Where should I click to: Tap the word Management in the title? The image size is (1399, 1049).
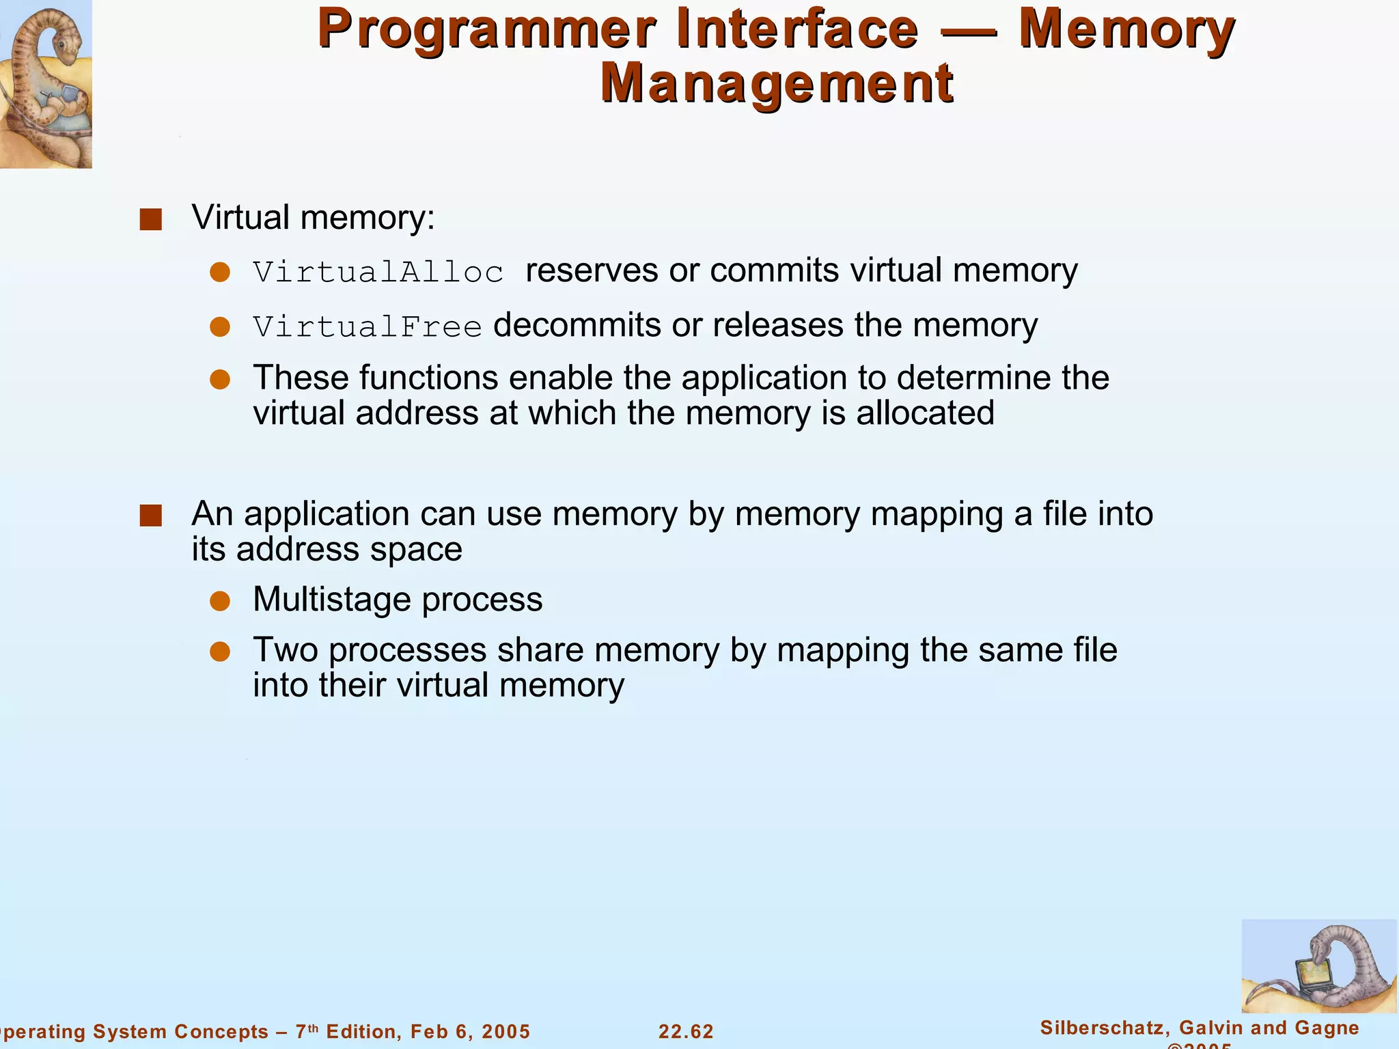coord(777,83)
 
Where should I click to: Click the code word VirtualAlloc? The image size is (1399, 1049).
coord(378,272)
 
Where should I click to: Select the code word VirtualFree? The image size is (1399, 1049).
coord(368,326)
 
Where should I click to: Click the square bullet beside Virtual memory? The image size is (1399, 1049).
coord(150,219)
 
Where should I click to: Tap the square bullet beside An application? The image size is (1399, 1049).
coord(150,516)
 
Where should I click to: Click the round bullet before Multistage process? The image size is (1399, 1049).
coord(220,601)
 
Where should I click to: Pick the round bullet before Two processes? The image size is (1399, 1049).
coord(220,652)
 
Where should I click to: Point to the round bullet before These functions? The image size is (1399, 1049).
coord(220,380)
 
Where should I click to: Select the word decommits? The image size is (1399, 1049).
coord(577,325)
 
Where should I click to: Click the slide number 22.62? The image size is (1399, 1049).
coord(686,1031)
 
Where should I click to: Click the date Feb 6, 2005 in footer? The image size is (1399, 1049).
coord(470,1031)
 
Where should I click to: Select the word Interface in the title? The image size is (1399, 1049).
coord(798,29)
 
